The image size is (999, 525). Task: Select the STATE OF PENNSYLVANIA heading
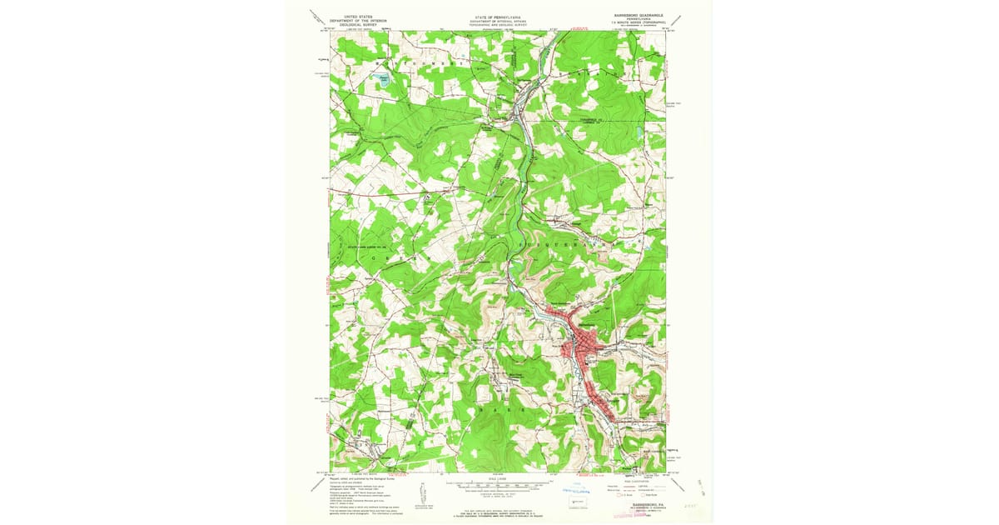tap(498, 16)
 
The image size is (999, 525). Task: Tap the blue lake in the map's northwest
tap(384, 82)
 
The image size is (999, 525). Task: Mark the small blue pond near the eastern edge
tap(639, 132)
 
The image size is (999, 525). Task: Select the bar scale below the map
tap(498, 483)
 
